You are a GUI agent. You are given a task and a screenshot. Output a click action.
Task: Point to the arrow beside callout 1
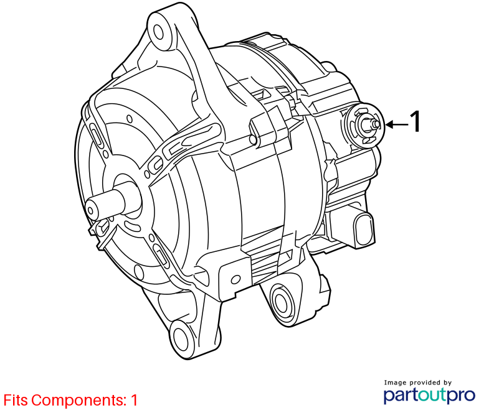(x=397, y=124)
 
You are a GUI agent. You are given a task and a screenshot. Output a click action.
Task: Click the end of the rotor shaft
(x=91, y=211)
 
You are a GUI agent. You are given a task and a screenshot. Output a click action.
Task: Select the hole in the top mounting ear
(x=159, y=32)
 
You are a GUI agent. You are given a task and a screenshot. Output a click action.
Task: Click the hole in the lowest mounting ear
(x=181, y=339)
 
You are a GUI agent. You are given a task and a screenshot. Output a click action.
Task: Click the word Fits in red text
(x=16, y=400)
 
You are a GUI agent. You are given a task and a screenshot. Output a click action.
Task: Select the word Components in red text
(x=77, y=400)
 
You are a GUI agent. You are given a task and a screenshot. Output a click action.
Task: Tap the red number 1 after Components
(x=134, y=400)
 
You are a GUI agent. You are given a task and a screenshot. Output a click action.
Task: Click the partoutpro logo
(x=429, y=395)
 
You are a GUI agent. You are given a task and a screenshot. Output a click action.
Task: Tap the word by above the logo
(x=447, y=383)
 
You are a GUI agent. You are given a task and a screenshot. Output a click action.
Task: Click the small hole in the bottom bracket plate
(x=235, y=279)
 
